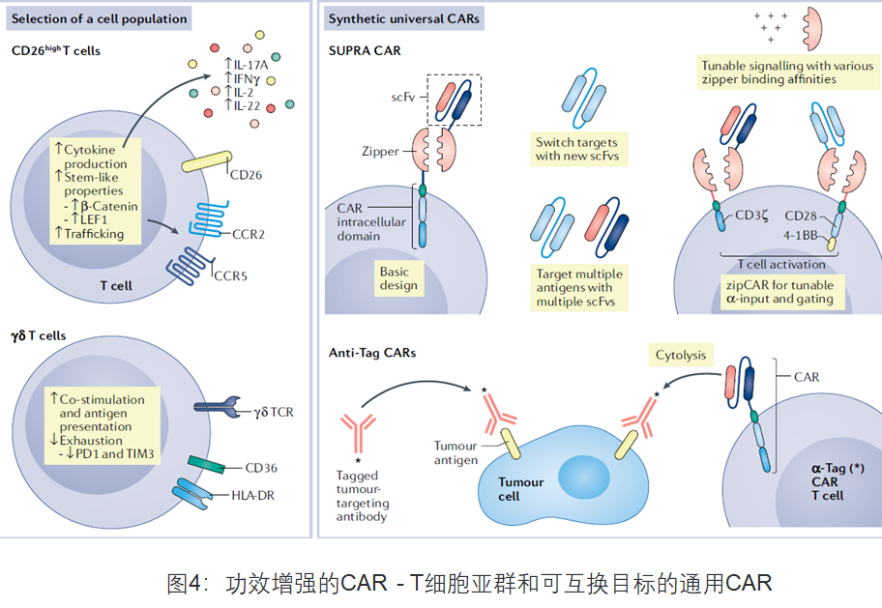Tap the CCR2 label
point(250,233)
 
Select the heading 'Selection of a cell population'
point(99,18)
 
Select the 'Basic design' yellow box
point(399,277)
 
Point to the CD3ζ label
point(753,215)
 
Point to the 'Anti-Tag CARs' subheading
point(372,353)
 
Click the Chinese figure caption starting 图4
point(469,583)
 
